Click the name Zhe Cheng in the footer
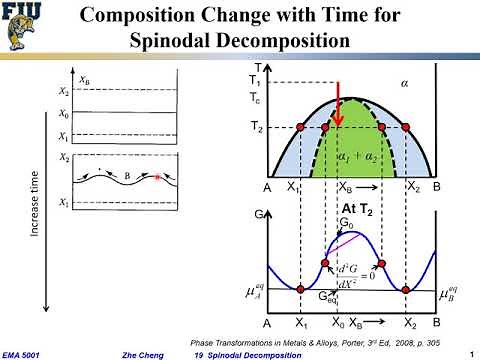[142, 353]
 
